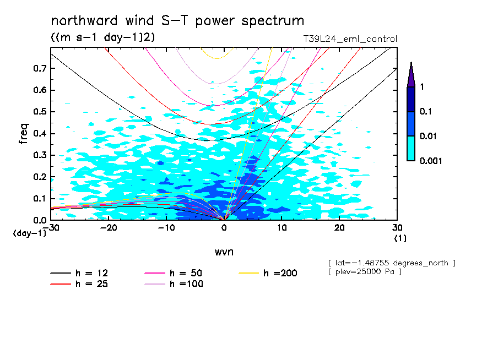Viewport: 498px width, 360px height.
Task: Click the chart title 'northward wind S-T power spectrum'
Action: pyautogui.click(x=177, y=21)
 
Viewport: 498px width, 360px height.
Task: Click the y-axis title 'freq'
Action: pyautogui.click(x=23, y=134)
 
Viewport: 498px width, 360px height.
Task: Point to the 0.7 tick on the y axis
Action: pyautogui.click(x=40, y=68)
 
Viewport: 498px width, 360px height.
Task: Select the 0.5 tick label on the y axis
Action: pyautogui.click(x=40, y=112)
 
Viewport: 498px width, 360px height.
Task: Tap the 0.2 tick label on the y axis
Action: pyautogui.click(x=40, y=177)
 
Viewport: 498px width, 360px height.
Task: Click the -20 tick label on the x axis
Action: pyautogui.click(x=108, y=228)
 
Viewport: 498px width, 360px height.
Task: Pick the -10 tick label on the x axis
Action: pyautogui.click(x=166, y=228)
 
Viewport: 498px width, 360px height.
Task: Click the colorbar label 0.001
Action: pyautogui.click(x=430, y=160)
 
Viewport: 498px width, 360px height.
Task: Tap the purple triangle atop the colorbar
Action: pyautogui.click(x=411, y=75)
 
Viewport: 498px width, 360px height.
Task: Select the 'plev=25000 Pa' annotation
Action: pyautogui.click(x=364, y=272)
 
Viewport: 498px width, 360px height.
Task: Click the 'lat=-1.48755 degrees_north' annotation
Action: pyautogui.click(x=392, y=263)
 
